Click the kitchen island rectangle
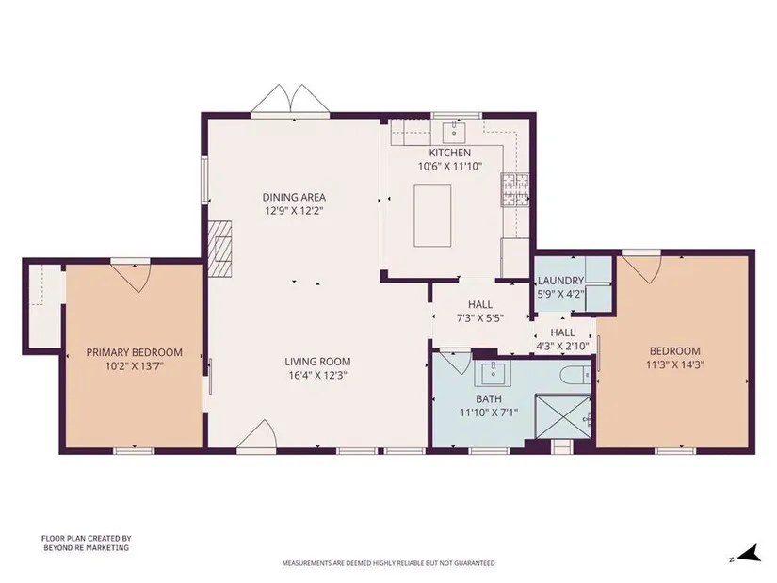click(432, 215)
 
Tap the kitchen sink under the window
click(454, 131)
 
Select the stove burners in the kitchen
click(515, 189)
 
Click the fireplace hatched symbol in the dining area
click(219, 248)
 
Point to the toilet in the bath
click(575, 374)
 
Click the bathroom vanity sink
click(494, 372)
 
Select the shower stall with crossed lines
click(563, 416)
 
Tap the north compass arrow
click(751, 553)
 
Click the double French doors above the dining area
click(290, 98)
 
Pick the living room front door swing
click(258, 434)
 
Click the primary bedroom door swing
click(130, 277)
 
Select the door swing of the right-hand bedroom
click(641, 267)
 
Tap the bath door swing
click(456, 362)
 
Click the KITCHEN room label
click(450, 153)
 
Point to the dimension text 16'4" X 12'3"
click(317, 375)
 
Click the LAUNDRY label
click(561, 281)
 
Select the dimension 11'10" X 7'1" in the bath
click(489, 412)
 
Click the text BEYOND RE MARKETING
click(87, 548)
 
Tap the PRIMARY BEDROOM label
click(135, 352)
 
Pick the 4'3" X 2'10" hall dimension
click(563, 346)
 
